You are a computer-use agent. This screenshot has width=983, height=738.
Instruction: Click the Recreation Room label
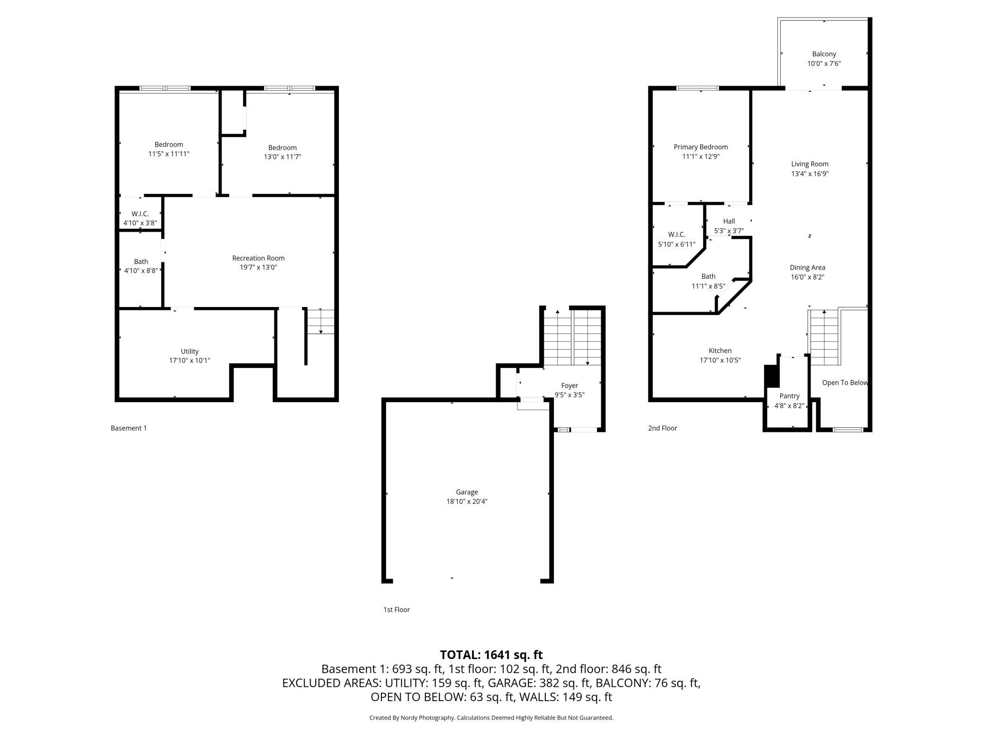click(x=258, y=258)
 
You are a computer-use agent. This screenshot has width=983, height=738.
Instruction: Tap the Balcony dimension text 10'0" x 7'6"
click(x=824, y=63)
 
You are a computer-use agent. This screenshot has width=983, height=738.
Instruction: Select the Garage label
click(x=466, y=492)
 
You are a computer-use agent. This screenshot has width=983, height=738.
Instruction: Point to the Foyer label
click(x=569, y=386)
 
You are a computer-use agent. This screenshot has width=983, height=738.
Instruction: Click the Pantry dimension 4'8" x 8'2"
click(x=789, y=405)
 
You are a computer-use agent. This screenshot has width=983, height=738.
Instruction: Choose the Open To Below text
click(x=845, y=383)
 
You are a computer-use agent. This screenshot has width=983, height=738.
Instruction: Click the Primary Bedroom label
click(x=700, y=147)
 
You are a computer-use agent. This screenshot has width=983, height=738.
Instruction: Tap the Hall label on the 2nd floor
click(x=729, y=221)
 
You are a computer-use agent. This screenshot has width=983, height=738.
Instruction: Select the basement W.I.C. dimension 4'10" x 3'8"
click(x=140, y=223)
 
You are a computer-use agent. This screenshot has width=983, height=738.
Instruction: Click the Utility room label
click(x=190, y=351)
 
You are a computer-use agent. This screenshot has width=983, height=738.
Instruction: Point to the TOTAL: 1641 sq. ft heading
click(x=491, y=655)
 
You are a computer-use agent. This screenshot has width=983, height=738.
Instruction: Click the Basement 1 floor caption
click(x=129, y=428)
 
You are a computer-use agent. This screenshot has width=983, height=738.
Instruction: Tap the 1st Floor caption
click(x=397, y=610)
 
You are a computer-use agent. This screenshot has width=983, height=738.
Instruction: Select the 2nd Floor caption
click(x=662, y=428)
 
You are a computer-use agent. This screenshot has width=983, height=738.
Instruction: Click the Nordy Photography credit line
click(x=491, y=718)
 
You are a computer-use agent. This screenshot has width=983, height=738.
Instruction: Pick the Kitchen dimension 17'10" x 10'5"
click(x=720, y=360)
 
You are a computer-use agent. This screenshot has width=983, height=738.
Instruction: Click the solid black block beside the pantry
click(x=771, y=376)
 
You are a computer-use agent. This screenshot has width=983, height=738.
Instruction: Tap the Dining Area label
click(x=807, y=268)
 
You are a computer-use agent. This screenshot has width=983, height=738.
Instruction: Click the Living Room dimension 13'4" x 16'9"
click(x=810, y=174)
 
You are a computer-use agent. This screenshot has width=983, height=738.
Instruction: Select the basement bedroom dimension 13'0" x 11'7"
click(x=282, y=157)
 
